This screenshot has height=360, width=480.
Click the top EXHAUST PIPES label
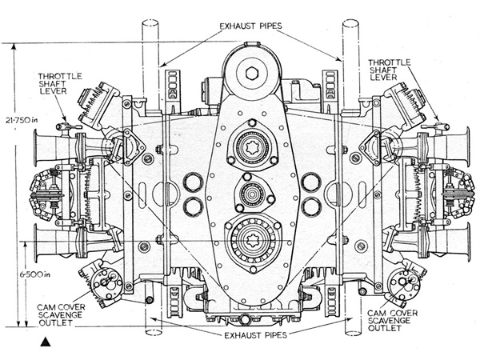[x=250, y=26]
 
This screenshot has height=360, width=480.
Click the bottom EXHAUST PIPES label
[x=256, y=335]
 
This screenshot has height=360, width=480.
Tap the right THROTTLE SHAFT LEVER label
[x=389, y=70]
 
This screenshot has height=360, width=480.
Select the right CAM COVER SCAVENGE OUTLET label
[x=392, y=321]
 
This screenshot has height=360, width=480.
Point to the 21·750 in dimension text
[x=22, y=120]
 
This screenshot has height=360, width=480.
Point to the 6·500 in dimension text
[x=35, y=274]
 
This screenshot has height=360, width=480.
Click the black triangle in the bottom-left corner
[x=46, y=342]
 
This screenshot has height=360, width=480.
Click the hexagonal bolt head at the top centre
[x=252, y=73]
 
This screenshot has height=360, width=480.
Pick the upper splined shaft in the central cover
[x=252, y=147]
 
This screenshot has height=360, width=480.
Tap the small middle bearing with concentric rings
[x=252, y=194]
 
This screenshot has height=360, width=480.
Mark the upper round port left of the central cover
[x=193, y=182]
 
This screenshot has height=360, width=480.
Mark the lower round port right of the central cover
[x=310, y=206]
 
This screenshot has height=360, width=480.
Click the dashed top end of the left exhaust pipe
[x=150, y=23]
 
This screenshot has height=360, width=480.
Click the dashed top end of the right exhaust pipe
[x=350, y=23]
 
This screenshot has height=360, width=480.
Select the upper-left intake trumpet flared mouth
[x=37, y=148]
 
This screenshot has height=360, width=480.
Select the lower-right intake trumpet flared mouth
[x=467, y=242]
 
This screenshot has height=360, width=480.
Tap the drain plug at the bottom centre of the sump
[x=245, y=319]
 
